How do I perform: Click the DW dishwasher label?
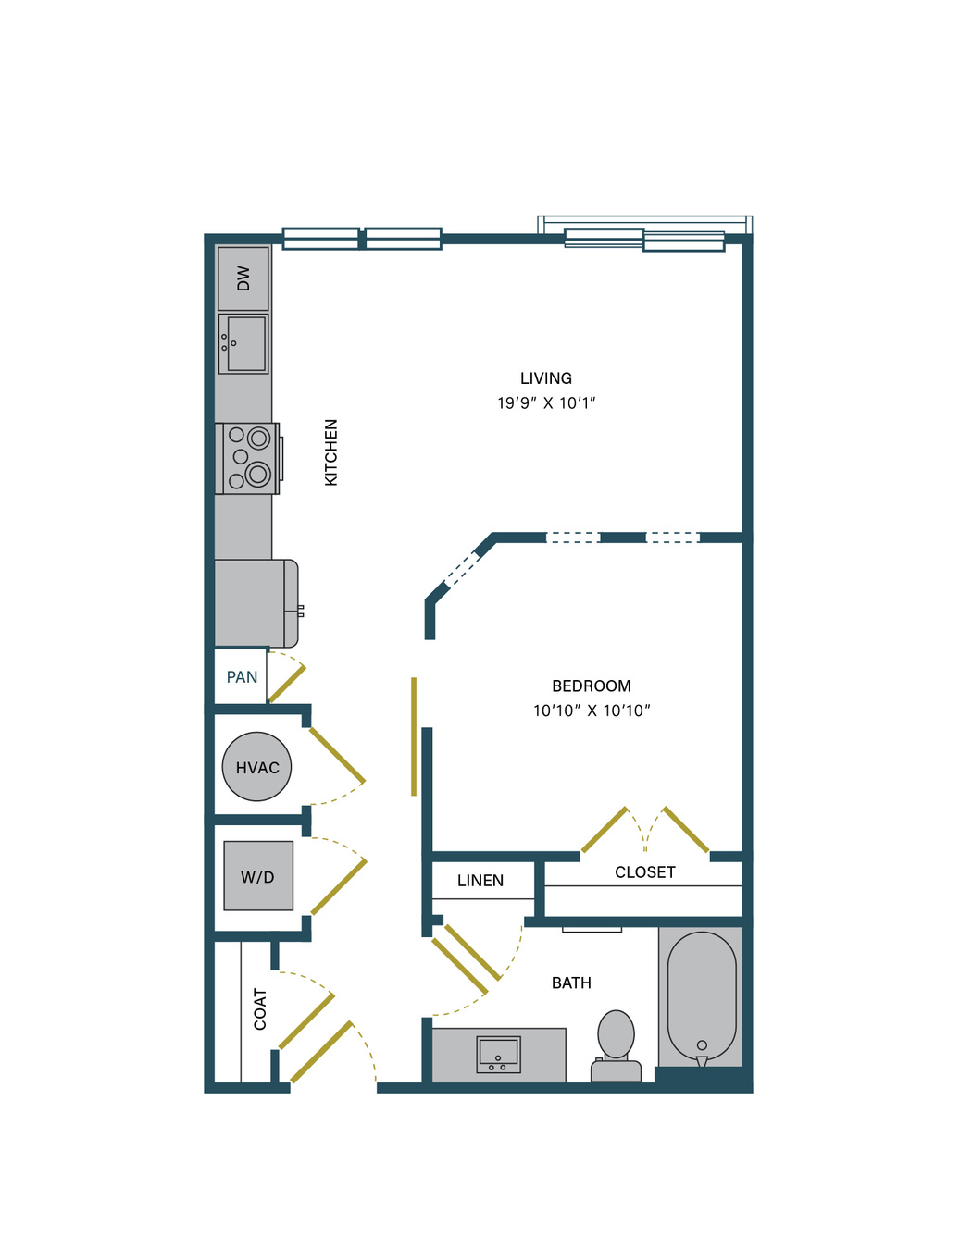pos(243,278)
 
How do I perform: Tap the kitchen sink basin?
pos(243,343)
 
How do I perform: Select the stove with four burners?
pos(247,459)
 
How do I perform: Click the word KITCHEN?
pos(330,452)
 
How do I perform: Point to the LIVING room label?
pos(545,378)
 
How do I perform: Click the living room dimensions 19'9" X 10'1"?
pos(545,403)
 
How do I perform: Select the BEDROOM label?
pos(592,686)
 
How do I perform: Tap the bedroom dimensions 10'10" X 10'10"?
pos(592,711)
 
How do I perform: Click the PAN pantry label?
pos(242,677)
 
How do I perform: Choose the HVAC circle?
pos(256,767)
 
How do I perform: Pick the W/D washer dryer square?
pos(258,876)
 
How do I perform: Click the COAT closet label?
pos(260,1009)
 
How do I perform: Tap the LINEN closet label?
pos(480,881)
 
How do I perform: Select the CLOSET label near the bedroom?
pos(644,872)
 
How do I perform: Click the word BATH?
pos(571,983)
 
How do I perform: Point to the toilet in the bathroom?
pos(617,1046)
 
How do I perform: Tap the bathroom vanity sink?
pos(498,1055)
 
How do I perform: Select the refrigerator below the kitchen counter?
pos(256,603)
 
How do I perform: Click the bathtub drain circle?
pos(702,1044)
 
